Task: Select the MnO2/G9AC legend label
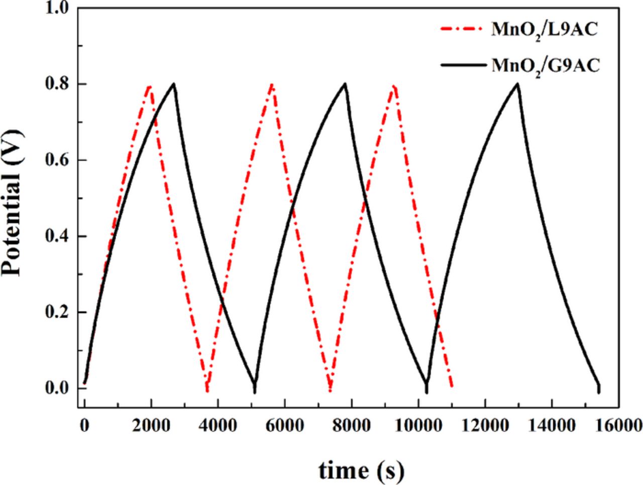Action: coord(545,66)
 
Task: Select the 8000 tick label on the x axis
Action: coord(351,426)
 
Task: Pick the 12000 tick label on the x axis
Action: coord(484,426)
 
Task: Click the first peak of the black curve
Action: coord(174,84)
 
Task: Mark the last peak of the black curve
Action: coord(517,84)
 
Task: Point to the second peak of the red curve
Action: coord(272,84)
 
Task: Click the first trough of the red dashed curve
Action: coord(206,390)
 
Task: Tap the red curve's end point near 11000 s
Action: coord(452,386)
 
